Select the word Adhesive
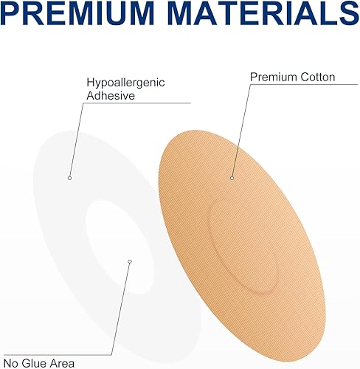108,95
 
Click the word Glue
38,362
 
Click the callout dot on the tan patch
232,177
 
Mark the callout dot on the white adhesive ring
69,177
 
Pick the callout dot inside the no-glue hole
129,261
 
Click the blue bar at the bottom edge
180,367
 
